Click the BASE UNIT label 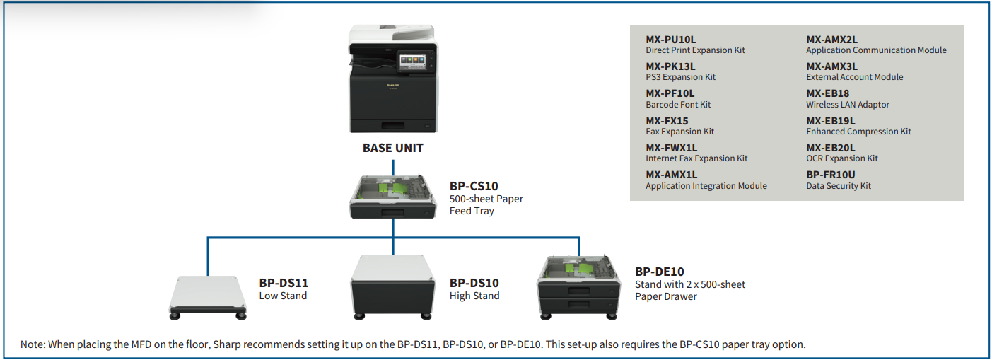(x=393, y=149)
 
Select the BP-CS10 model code (x=474, y=187)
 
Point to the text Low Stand (x=283, y=296)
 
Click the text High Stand (x=474, y=296)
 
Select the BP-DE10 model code (x=660, y=272)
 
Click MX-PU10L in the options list (x=671, y=40)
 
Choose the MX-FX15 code (x=667, y=121)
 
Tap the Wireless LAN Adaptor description (x=848, y=105)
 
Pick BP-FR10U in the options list (x=831, y=175)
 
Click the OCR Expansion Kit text (x=842, y=158)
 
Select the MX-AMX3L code (x=832, y=66)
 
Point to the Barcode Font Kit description (x=678, y=105)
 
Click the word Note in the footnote (x=33, y=344)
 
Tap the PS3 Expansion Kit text (x=681, y=77)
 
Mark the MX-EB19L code (x=831, y=121)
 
